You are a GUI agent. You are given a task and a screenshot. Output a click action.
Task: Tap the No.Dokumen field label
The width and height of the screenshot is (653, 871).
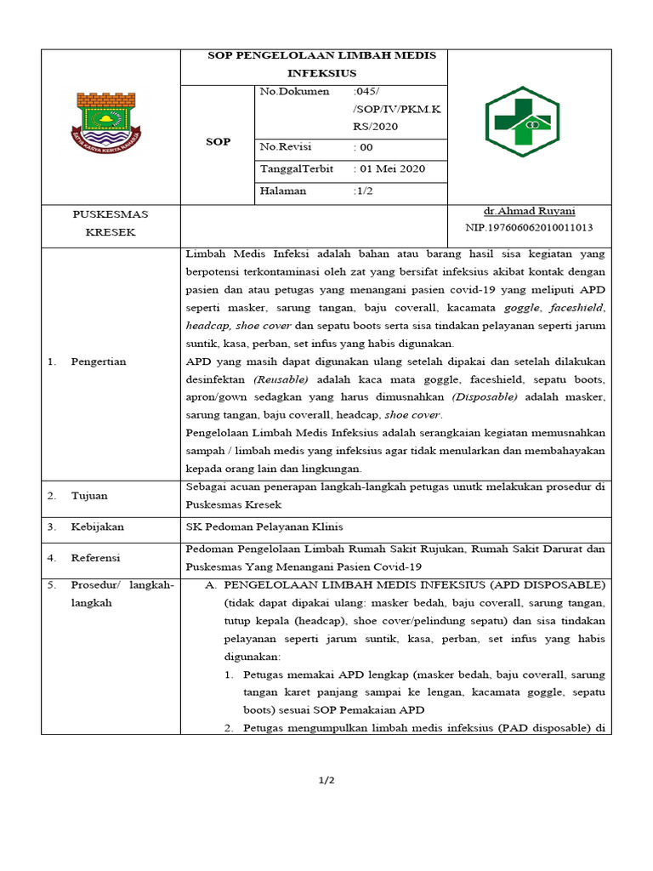295,91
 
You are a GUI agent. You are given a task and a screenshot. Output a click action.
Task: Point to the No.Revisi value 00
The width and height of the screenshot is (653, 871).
366,147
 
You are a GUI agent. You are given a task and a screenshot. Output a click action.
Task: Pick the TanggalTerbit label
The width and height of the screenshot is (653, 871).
297,169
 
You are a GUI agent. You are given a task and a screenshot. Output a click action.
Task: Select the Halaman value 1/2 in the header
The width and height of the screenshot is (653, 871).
365,191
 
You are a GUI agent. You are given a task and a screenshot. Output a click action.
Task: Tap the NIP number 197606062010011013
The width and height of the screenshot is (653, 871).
529,228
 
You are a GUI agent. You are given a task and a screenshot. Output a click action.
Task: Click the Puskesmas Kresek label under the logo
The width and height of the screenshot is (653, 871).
111,223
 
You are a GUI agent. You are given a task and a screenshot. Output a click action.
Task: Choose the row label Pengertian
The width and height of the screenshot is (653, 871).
99,361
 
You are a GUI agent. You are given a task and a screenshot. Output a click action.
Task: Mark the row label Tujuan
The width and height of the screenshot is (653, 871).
89,496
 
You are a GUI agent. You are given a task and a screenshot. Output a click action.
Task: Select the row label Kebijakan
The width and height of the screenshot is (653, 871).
97,527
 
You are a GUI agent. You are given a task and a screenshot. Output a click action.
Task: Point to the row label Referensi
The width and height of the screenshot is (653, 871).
96,558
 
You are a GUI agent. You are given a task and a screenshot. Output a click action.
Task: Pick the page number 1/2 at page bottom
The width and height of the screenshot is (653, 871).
326,781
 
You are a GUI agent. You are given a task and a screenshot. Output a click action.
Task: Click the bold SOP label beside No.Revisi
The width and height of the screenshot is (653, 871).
219,142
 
